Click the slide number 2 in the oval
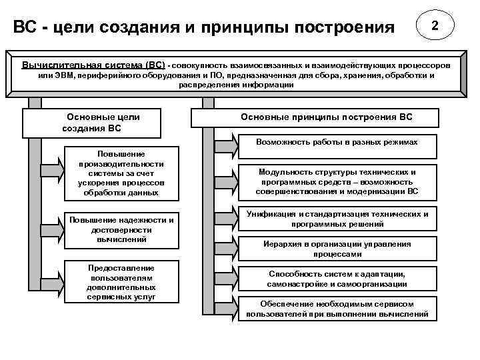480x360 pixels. pos(435,27)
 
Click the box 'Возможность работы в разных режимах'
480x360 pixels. pos(337,143)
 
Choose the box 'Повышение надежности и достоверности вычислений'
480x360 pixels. pos(121,229)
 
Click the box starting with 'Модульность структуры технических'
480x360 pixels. pos(337,181)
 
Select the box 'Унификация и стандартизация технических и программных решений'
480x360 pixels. pos(337,219)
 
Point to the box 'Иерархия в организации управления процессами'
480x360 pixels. pos(337,249)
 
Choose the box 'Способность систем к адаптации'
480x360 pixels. pos(337,279)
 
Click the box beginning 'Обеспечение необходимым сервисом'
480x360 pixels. pos(337,308)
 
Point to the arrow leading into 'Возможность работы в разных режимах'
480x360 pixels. pos(227,143)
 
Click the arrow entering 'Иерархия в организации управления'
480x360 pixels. pos(227,241)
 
